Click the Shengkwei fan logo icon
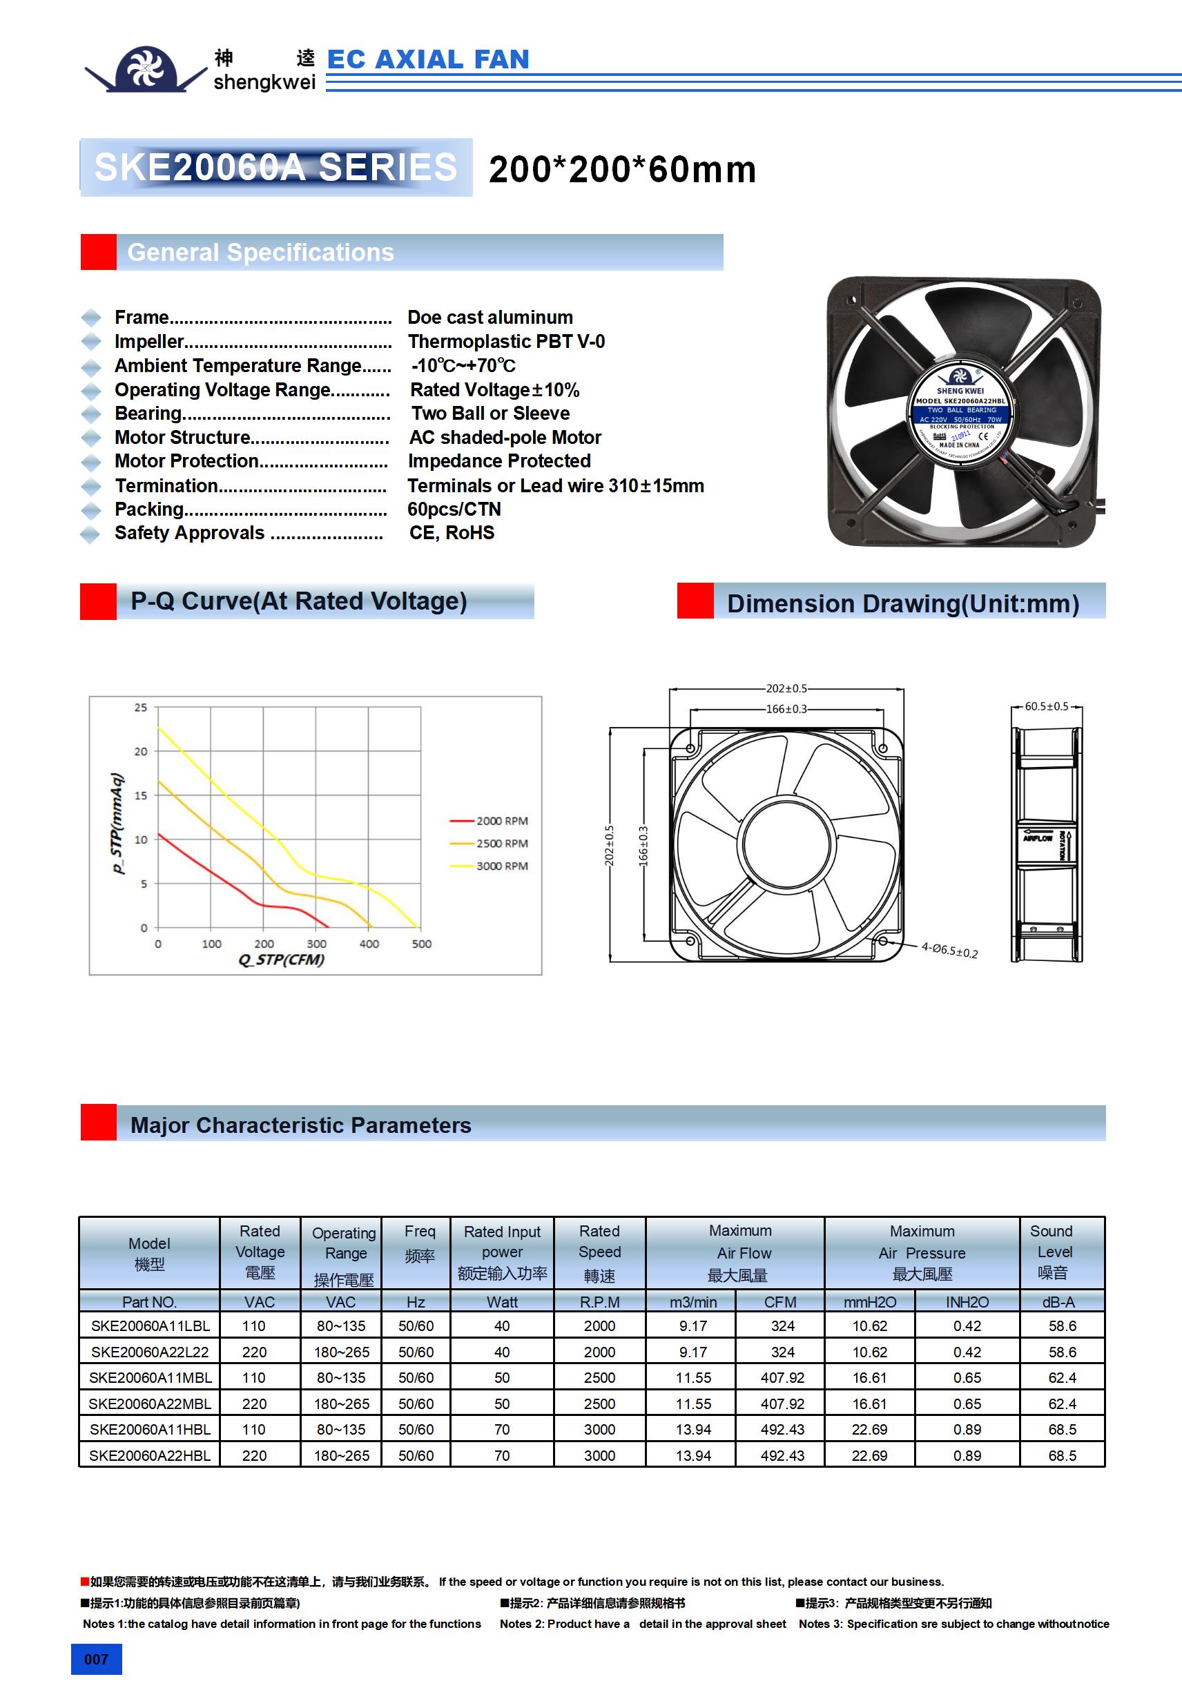[x=146, y=69]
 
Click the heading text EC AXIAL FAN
[x=428, y=59]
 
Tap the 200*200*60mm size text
[x=621, y=169]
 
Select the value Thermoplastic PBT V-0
[x=506, y=341]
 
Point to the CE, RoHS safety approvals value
[x=452, y=533]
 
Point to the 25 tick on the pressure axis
[x=141, y=708]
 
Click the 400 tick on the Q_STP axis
[x=369, y=944]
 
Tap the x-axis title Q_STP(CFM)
[x=281, y=960]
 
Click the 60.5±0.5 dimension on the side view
[x=1046, y=706]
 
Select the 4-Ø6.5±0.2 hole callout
[x=949, y=949]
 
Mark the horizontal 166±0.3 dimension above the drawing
[x=786, y=709]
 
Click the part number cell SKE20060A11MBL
[x=150, y=1377]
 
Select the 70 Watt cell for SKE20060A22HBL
[x=502, y=1455]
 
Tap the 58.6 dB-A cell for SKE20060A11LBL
[x=1061, y=1326]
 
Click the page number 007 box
[x=96, y=1659]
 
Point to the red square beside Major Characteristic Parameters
[x=99, y=1122]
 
